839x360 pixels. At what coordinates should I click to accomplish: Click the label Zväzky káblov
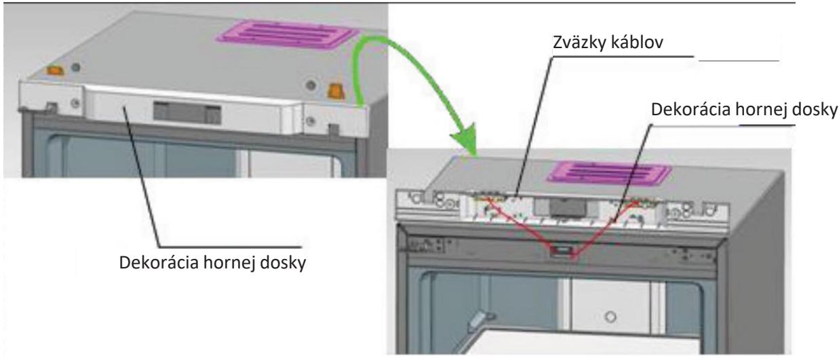608,42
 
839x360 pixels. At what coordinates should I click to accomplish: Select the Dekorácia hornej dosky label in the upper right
744,110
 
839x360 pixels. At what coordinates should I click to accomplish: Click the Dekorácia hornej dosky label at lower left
212,262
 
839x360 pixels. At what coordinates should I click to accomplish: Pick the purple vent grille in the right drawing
608,172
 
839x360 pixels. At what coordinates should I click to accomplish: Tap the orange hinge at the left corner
55,70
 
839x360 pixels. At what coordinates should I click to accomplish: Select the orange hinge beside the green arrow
336,91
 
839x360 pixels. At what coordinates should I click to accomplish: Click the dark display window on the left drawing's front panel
187,113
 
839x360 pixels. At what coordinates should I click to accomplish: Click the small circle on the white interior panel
610,317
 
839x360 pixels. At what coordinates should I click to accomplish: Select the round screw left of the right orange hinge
311,85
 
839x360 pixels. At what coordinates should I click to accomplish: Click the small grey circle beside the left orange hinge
76,67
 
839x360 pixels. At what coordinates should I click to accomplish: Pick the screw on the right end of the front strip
310,121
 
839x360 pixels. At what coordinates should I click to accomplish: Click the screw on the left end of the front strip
75,102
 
